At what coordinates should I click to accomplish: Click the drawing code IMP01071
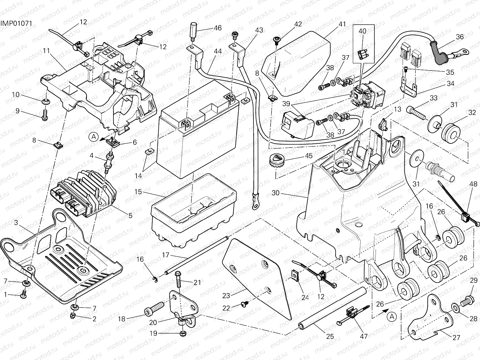tap(16, 23)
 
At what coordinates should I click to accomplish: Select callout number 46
tap(217, 28)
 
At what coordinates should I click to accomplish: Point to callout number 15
tap(138, 191)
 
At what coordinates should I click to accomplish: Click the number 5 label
tap(130, 215)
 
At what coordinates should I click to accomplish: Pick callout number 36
tap(460, 37)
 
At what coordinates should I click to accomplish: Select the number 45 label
tap(308, 156)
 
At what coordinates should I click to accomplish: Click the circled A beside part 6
tap(94, 137)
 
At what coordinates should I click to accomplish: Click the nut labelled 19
tap(182, 334)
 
